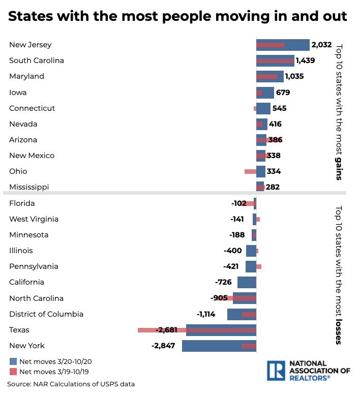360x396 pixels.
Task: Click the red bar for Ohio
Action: click(250, 171)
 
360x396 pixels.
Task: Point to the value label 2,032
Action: click(321, 45)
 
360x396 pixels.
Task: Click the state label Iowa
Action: click(18, 93)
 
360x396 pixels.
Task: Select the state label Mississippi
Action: click(29, 187)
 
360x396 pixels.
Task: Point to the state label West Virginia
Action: click(34, 219)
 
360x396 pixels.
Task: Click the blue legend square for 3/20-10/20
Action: click(13, 361)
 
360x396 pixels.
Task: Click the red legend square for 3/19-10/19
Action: click(13, 372)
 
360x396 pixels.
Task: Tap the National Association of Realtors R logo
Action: click(277, 371)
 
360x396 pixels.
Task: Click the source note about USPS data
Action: click(71, 384)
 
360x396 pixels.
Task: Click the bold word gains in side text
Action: click(339, 168)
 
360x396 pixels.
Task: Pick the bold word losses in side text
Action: click(339, 331)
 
